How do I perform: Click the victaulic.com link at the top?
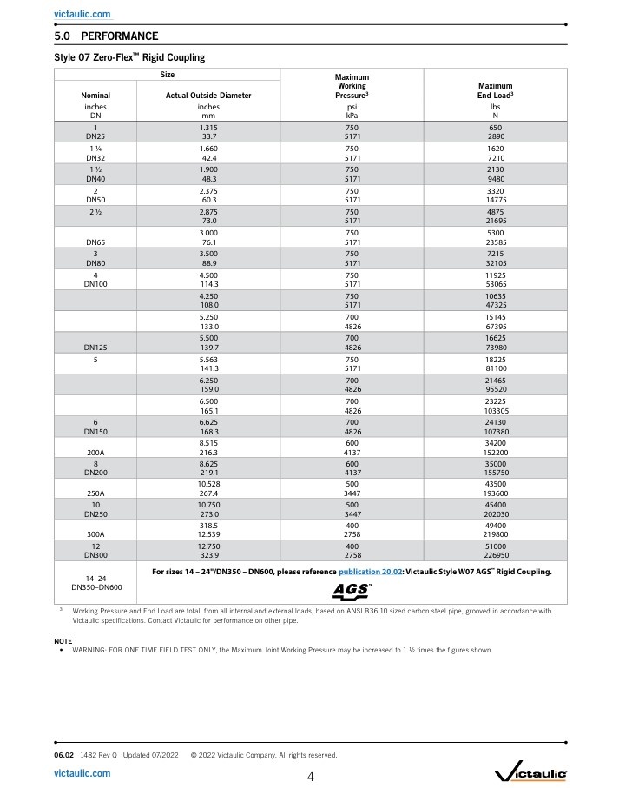(82, 15)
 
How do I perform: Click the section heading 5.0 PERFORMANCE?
(106, 36)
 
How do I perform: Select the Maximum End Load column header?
(495, 91)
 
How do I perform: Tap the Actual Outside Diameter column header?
(208, 96)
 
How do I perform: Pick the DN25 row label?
(95, 136)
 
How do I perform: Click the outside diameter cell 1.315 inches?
(208, 127)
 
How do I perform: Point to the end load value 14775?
(495, 199)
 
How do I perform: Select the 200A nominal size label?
(95, 453)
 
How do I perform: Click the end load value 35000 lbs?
(495, 465)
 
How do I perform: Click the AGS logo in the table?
(352, 591)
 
